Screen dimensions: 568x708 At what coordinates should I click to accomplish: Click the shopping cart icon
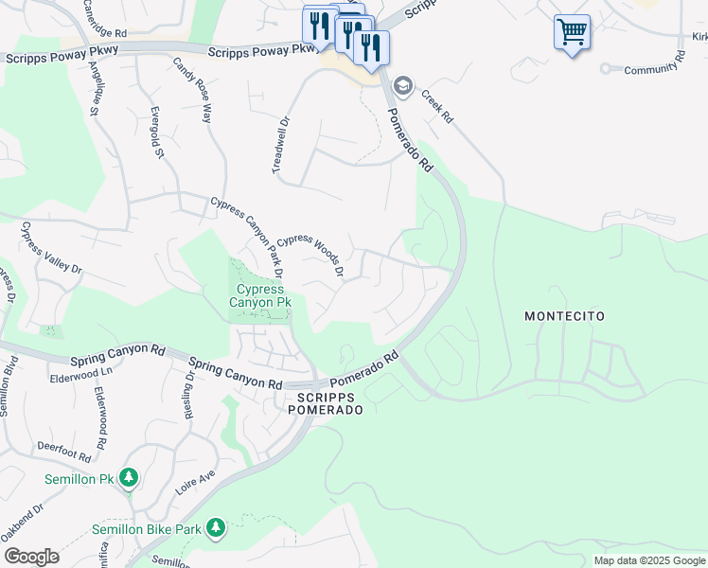(x=572, y=32)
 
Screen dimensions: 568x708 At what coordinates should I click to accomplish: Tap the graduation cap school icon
(x=403, y=86)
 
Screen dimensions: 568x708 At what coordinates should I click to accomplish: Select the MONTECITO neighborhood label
(x=564, y=316)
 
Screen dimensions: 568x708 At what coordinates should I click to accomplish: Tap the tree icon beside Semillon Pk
(x=129, y=479)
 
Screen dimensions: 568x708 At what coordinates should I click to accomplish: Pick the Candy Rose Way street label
(x=192, y=91)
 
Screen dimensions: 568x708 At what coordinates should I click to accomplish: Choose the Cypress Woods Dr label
(x=310, y=256)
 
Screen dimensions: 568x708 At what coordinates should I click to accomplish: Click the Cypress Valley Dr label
(x=52, y=248)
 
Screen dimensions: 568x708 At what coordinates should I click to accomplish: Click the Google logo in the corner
(x=30, y=556)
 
